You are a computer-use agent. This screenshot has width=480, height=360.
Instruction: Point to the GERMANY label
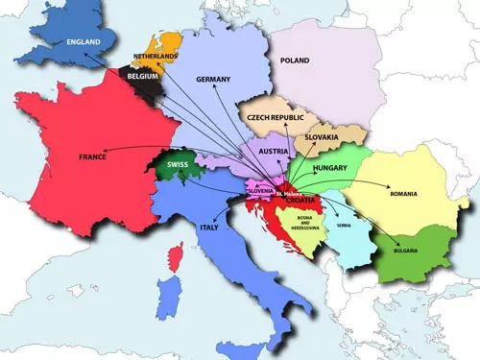click(x=213, y=79)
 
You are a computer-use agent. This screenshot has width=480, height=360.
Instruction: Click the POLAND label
click(x=296, y=59)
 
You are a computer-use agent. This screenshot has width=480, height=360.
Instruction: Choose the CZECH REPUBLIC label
click(x=276, y=117)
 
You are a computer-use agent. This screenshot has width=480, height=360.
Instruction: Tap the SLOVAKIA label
click(x=322, y=137)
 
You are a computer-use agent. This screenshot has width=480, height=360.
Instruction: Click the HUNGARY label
click(x=329, y=168)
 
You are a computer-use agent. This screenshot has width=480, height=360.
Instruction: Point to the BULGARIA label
click(x=411, y=252)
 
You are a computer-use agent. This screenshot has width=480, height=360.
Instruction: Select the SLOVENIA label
click(x=261, y=190)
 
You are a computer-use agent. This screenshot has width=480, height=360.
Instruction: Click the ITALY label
click(x=208, y=228)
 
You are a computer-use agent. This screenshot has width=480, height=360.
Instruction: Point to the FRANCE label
click(x=92, y=156)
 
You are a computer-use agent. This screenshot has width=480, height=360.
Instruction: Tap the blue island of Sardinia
click(x=171, y=300)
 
